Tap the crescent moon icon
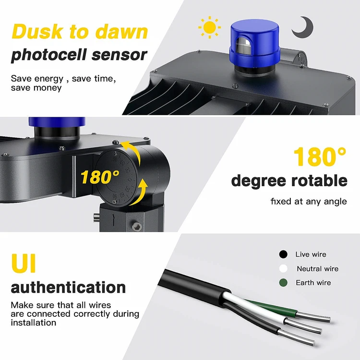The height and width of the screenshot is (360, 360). [301, 27]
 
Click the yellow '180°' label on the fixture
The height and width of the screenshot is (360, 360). [100, 177]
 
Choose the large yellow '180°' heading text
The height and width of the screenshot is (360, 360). [319, 157]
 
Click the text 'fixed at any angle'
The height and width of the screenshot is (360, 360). [308, 201]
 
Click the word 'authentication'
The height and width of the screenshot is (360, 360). [68, 287]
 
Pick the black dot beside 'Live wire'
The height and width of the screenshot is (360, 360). [283, 254]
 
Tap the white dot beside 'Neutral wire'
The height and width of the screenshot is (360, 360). [283, 269]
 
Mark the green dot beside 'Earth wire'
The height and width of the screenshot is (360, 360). [283, 283]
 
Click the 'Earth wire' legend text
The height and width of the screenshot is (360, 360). [313, 283]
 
